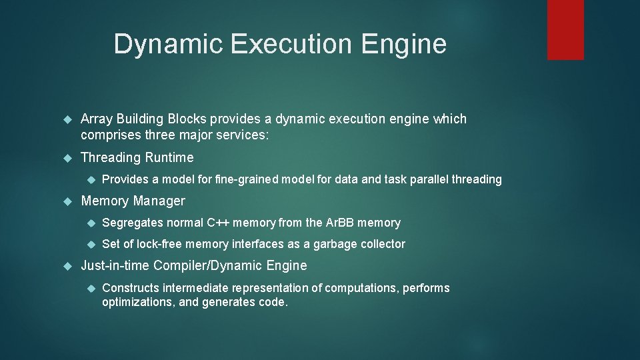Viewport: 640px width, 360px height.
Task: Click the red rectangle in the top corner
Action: click(565, 29)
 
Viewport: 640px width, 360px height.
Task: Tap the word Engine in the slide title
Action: click(405, 44)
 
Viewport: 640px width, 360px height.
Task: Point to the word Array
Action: click(95, 119)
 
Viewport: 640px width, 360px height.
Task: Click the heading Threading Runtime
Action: click(137, 158)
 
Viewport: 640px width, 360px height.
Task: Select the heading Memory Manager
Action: click(133, 201)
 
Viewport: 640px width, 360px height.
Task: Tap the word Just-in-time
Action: click(115, 266)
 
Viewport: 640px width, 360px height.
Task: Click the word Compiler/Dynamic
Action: click(209, 266)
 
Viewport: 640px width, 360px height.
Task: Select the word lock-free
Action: click(159, 244)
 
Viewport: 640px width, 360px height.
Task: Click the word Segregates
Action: click(133, 223)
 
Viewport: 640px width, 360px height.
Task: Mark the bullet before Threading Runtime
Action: click(67, 159)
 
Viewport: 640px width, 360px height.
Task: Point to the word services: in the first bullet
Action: click(244, 135)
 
